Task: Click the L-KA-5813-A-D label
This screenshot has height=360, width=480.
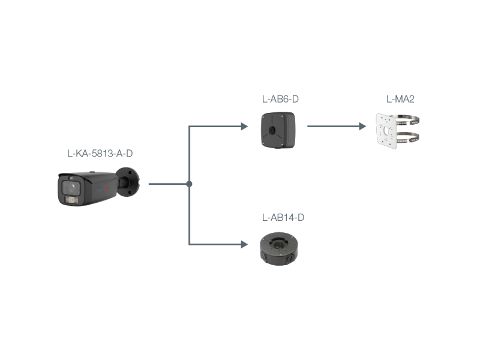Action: click(100, 154)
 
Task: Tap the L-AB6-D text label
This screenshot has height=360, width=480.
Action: click(280, 99)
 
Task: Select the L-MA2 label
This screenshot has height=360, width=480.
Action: click(400, 99)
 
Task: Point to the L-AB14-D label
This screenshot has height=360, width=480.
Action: click(283, 217)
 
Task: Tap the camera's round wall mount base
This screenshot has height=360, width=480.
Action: click(128, 181)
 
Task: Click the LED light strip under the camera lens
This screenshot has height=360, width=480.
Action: click(71, 200)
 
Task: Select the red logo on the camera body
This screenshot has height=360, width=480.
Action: click(107, 188)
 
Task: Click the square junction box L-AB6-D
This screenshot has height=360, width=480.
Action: click(278, 130)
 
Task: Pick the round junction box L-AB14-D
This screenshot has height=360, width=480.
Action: click(278, 248)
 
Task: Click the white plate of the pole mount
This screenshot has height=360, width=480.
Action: click(386, 131)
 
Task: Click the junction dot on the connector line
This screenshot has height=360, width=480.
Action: click(189, 184)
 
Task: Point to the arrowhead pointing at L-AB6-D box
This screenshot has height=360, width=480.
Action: click(245, 126)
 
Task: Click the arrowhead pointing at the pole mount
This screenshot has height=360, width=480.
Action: click(362, 126)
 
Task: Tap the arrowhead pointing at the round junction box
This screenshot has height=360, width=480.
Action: click(245, 244)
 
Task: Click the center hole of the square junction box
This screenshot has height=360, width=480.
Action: click(272, 130)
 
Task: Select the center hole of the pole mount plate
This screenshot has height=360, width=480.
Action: click(386, 131)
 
